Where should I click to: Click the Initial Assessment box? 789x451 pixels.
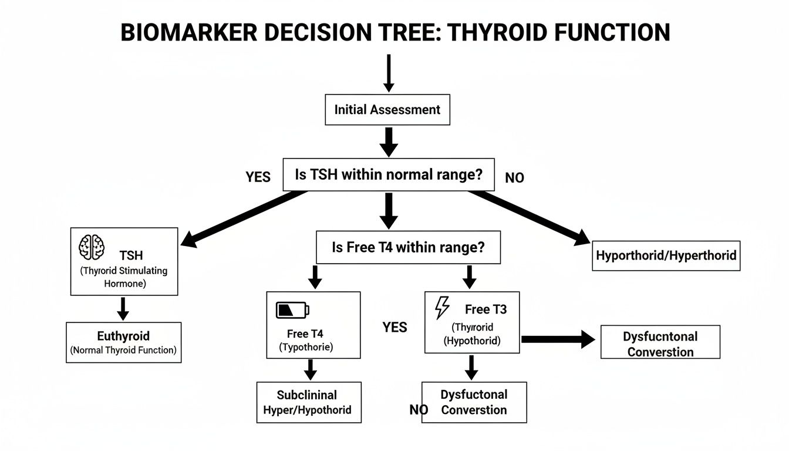387,109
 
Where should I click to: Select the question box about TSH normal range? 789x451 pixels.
388,174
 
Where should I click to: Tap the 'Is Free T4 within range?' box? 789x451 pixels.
408,247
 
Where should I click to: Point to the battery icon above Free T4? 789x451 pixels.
292,309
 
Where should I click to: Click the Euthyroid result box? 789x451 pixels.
123,342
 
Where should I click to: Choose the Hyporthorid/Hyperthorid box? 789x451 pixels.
666,255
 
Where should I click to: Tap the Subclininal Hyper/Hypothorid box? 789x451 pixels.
308,402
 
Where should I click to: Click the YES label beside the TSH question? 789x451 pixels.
258,177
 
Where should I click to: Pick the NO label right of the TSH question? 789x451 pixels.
514,178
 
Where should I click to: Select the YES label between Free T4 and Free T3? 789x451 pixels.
394,327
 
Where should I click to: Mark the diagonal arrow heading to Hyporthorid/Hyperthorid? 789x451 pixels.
528,217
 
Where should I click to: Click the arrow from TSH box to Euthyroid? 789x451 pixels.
123,308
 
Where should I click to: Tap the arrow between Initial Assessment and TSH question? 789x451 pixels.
388,142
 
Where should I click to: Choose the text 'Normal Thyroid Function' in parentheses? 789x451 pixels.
123,351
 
